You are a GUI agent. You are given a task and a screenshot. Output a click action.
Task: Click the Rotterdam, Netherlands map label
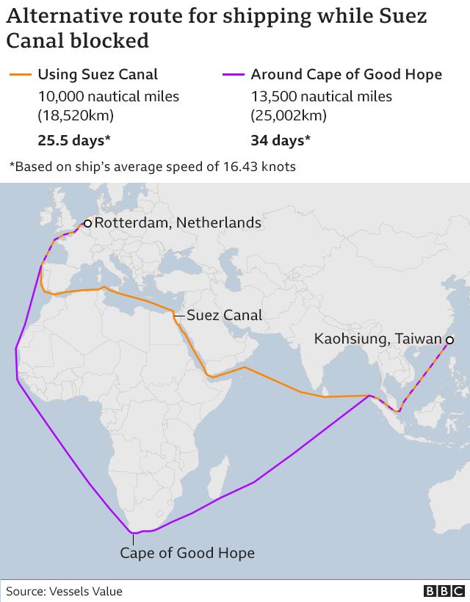[x=178, y=222]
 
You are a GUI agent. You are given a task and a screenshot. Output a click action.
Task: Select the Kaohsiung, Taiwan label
[x=378, y=339]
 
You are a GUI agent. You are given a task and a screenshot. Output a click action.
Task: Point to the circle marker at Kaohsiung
[x=449, y=339]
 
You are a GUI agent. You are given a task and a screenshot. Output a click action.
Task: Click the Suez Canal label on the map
[x=224, y=316]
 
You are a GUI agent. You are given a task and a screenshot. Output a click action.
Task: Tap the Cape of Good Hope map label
[x=187, y=553]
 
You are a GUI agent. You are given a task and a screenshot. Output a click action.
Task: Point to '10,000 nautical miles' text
[x=108, y=96]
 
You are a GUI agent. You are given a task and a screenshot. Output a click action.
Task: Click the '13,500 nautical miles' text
[x=321, y=96]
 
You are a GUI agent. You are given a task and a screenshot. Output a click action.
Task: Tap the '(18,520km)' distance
[x=76, y=115]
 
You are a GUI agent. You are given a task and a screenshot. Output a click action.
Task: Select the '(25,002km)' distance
[x=289, y=115]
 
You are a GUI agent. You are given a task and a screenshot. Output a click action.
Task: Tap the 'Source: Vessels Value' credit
[x=65, y=591]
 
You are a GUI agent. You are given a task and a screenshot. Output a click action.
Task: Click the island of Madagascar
[x=216, y=477]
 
